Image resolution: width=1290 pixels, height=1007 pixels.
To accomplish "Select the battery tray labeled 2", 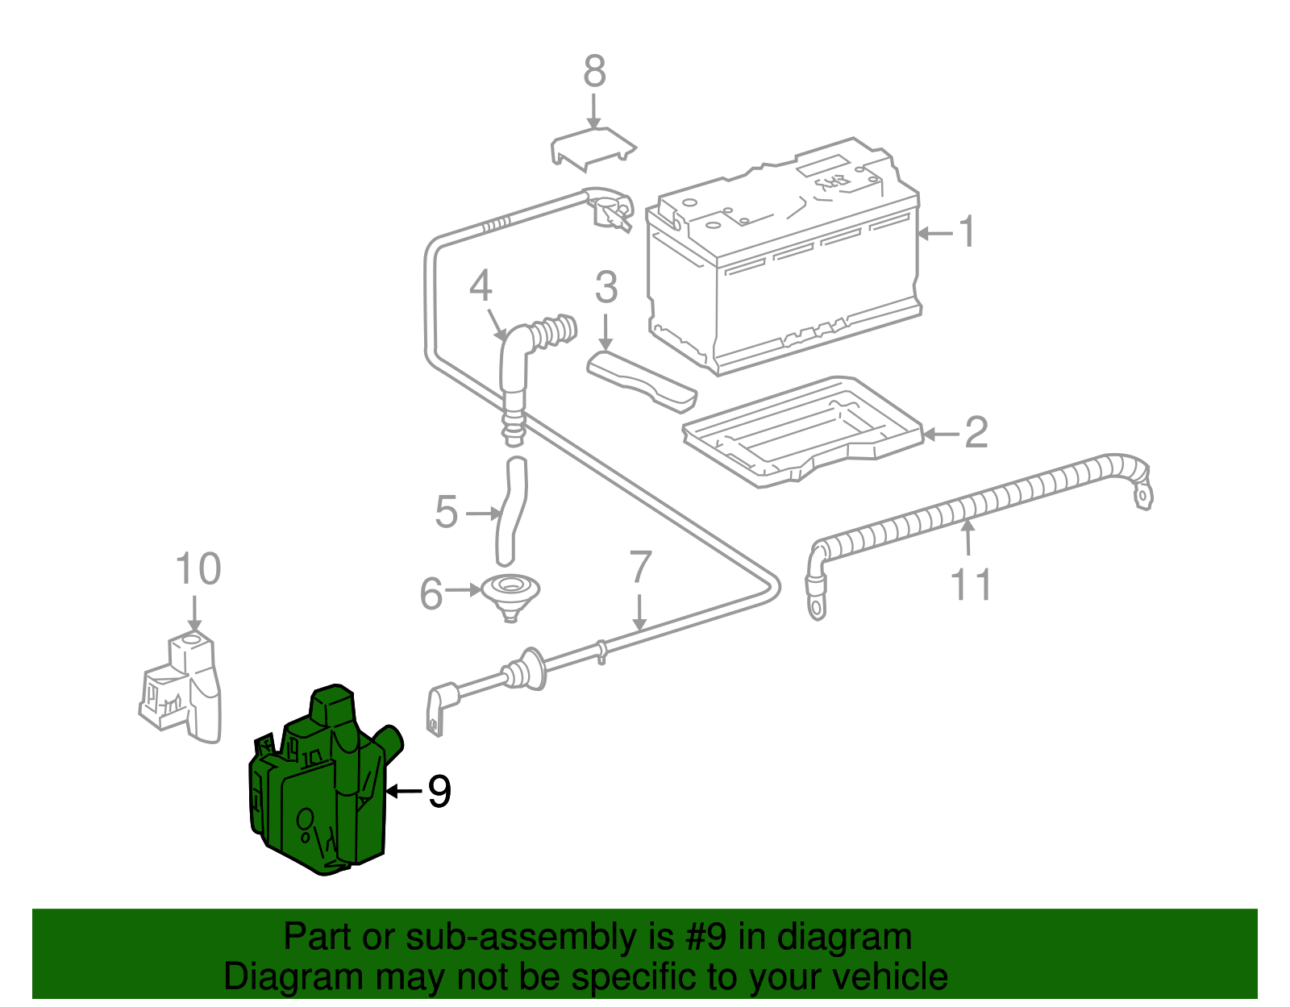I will (x=802, y=431).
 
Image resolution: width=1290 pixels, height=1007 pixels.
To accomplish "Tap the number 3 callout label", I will (x=606, y=288).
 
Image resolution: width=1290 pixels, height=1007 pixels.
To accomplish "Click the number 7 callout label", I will (x=640, y=568).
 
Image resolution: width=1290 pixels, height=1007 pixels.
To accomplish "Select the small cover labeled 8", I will (x=593, y=148).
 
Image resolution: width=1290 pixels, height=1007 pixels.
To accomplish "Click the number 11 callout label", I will (x=971, y=585).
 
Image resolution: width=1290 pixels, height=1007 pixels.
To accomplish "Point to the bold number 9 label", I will (x=439, y=792).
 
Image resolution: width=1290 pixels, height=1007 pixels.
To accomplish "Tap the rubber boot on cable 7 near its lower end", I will (x=524, y=670).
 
